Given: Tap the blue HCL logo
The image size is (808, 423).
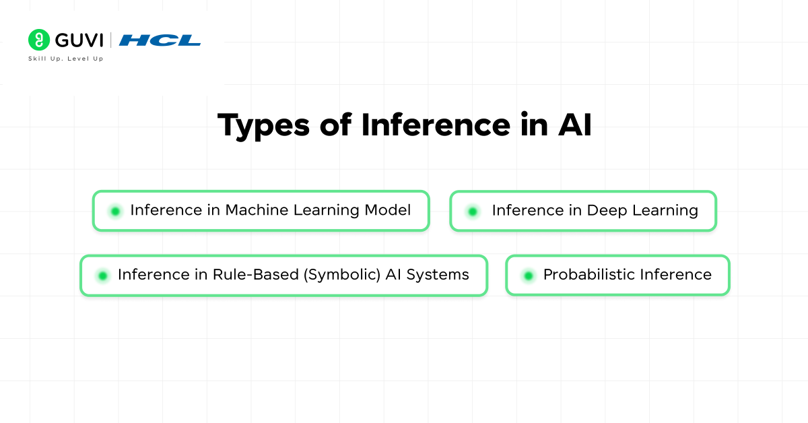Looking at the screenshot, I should (x=160, y=40).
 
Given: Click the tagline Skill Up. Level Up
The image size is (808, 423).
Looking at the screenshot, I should (x=65, y=59).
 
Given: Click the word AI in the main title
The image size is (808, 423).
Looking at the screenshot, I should (x=573, y=126).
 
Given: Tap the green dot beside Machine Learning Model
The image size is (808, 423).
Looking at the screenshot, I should (x=115, y=211).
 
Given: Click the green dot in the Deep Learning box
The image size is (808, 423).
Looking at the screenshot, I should (x=473, y=211).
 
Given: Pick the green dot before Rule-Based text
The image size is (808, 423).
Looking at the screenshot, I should (x=102, y=275).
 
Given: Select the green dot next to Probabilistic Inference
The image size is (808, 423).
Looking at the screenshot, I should (x=529, y=275).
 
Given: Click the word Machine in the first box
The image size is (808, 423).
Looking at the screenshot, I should (x=252, y=210).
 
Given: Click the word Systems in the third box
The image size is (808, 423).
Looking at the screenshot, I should (x=437, y=275).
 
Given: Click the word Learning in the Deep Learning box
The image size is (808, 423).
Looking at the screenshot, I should (x=665, y=211).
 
